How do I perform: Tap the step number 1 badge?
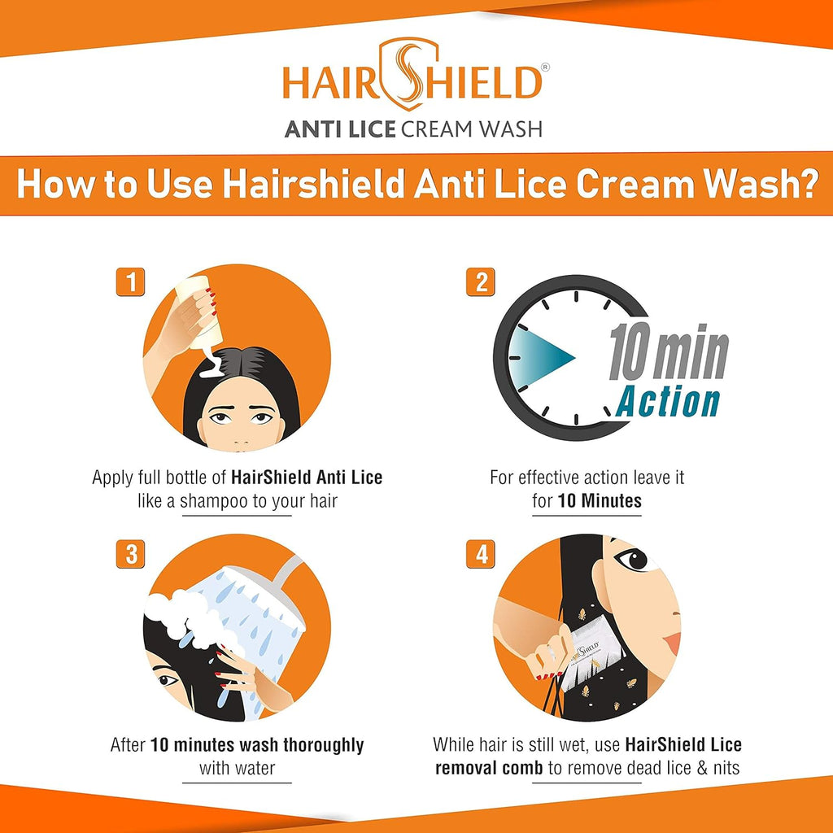[x=130, y=281]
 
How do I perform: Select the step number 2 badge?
[x=481, y=281]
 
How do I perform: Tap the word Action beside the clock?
[x=669, y=402]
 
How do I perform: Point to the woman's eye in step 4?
[x=633, y=560]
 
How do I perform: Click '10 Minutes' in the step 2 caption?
[x=600, y=501]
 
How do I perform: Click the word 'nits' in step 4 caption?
[x=722, y=767]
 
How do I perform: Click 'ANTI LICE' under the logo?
[x=340, y=129]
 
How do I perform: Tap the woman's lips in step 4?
[x=671, y=643]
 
